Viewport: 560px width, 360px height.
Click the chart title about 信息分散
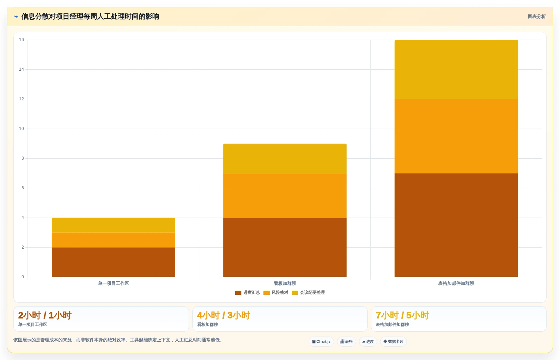coord(90,17)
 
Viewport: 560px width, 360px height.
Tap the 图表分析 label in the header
coord(537,17)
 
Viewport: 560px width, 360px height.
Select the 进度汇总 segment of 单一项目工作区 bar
coord(113,262)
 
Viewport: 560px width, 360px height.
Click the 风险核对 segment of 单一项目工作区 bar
coord(113,240)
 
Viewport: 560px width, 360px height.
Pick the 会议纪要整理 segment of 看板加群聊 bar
coord(285,159)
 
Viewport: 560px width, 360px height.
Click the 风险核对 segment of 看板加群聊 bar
coord(285,196)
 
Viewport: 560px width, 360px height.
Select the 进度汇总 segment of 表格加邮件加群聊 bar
coord(456,225)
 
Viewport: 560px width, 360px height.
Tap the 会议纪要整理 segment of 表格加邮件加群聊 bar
coord(456,70)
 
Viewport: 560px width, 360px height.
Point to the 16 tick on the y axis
coord(21,40)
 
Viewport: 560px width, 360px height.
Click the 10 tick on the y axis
coord(21,129)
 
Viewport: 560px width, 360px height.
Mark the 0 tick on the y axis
coord(23,277)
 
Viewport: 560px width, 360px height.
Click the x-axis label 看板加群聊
coord(285,283)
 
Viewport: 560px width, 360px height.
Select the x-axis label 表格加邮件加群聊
coord(456,283)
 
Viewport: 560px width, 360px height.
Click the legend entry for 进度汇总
coord(248,292)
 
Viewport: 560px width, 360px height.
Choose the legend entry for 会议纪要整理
coord(308,292)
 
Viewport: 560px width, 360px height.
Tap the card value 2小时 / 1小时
coord(45,315)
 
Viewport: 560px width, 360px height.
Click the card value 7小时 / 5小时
coord(402,315)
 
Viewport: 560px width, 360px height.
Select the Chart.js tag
coord(321,341)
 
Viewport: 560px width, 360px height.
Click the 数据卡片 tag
coord(393,341)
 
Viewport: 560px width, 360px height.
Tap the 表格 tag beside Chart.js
coord(346,341)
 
